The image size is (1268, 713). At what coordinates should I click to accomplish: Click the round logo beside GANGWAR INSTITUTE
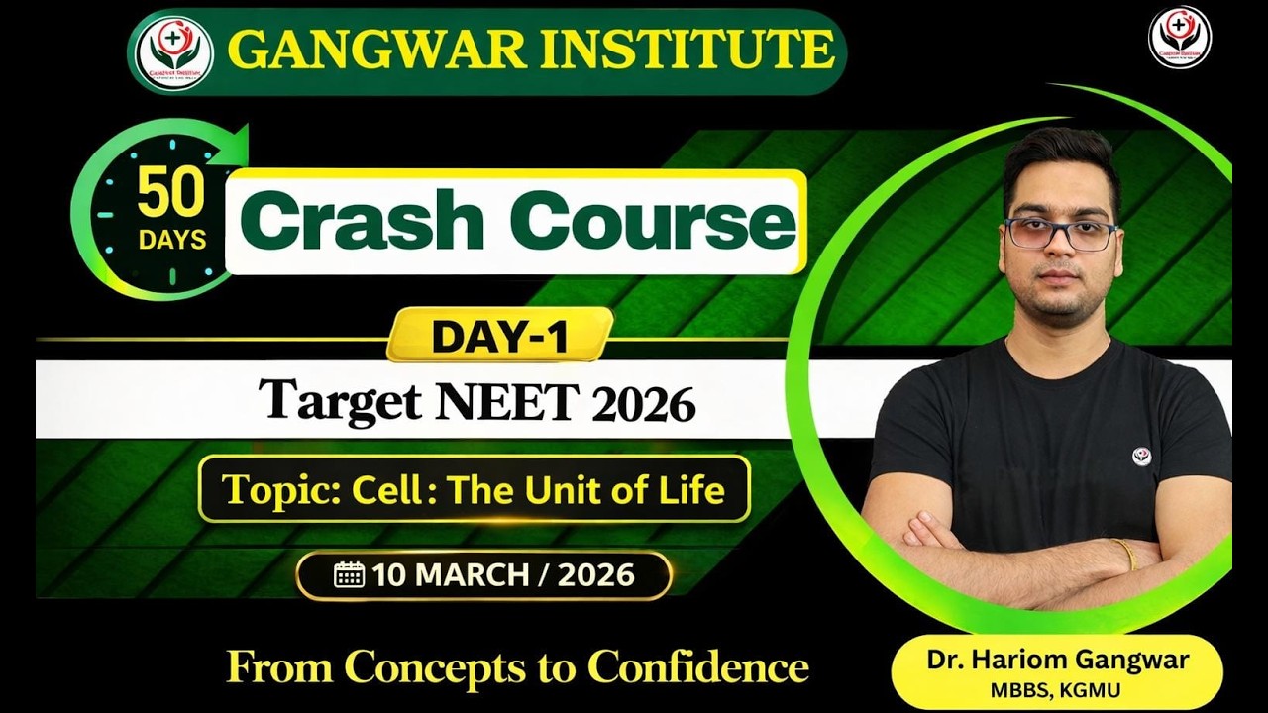174,51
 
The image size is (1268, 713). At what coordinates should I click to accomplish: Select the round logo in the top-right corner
1179,38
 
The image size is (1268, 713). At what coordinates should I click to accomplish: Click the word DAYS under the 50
172,239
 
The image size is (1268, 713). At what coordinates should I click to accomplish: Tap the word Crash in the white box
367,221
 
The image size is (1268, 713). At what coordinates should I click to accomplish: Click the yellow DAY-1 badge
499,337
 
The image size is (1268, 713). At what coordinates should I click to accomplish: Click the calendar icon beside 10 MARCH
349,575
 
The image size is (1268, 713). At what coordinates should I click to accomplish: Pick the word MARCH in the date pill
475,575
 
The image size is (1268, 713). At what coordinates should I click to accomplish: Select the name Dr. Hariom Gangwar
1058,661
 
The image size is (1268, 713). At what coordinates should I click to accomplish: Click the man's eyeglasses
1059,234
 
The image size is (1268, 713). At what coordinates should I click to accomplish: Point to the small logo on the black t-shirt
1141,457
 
